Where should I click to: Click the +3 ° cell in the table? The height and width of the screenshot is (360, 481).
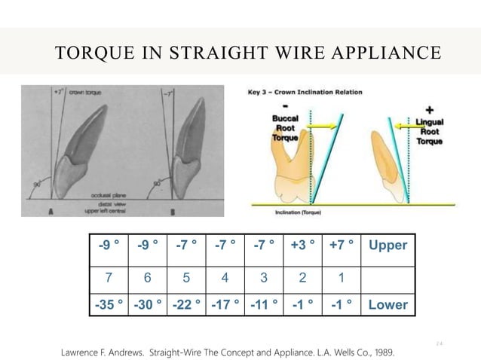(x=302, y=246)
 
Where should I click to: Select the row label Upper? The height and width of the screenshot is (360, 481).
(x=388, y=246)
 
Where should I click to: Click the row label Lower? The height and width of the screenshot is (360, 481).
(x=388, y=305)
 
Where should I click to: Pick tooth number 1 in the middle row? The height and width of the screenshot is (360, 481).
(x=341, y=276)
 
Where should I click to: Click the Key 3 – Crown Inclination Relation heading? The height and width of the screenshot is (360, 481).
(x=305, y=93)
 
